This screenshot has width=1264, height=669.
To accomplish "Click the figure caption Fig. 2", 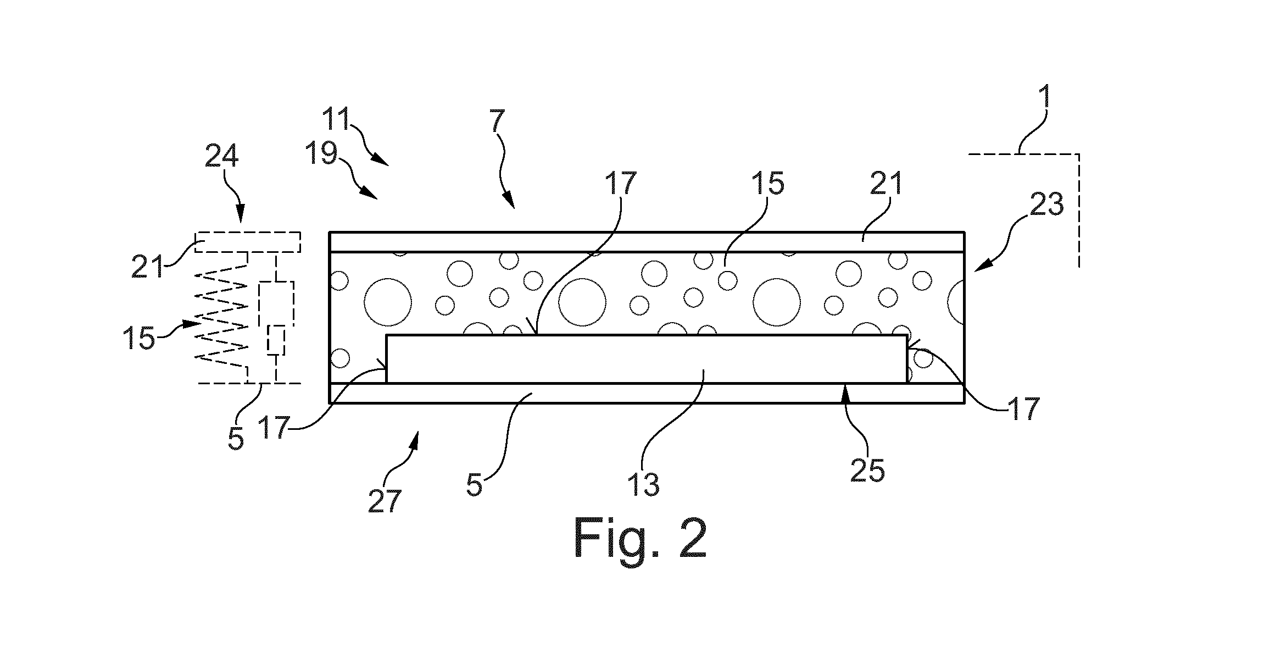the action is (640, 538).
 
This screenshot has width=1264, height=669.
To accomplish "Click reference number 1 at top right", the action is (1046, 97).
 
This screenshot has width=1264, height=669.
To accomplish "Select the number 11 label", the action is (336, 119).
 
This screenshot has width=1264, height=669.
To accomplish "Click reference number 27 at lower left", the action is (385, 501).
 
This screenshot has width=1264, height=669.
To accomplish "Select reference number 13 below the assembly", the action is (644, 484).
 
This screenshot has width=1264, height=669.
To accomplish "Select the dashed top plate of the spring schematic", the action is (248, 242).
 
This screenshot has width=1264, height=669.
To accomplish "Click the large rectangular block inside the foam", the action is (647, 359).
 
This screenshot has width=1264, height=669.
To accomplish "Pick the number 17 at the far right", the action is (1024, 409).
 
